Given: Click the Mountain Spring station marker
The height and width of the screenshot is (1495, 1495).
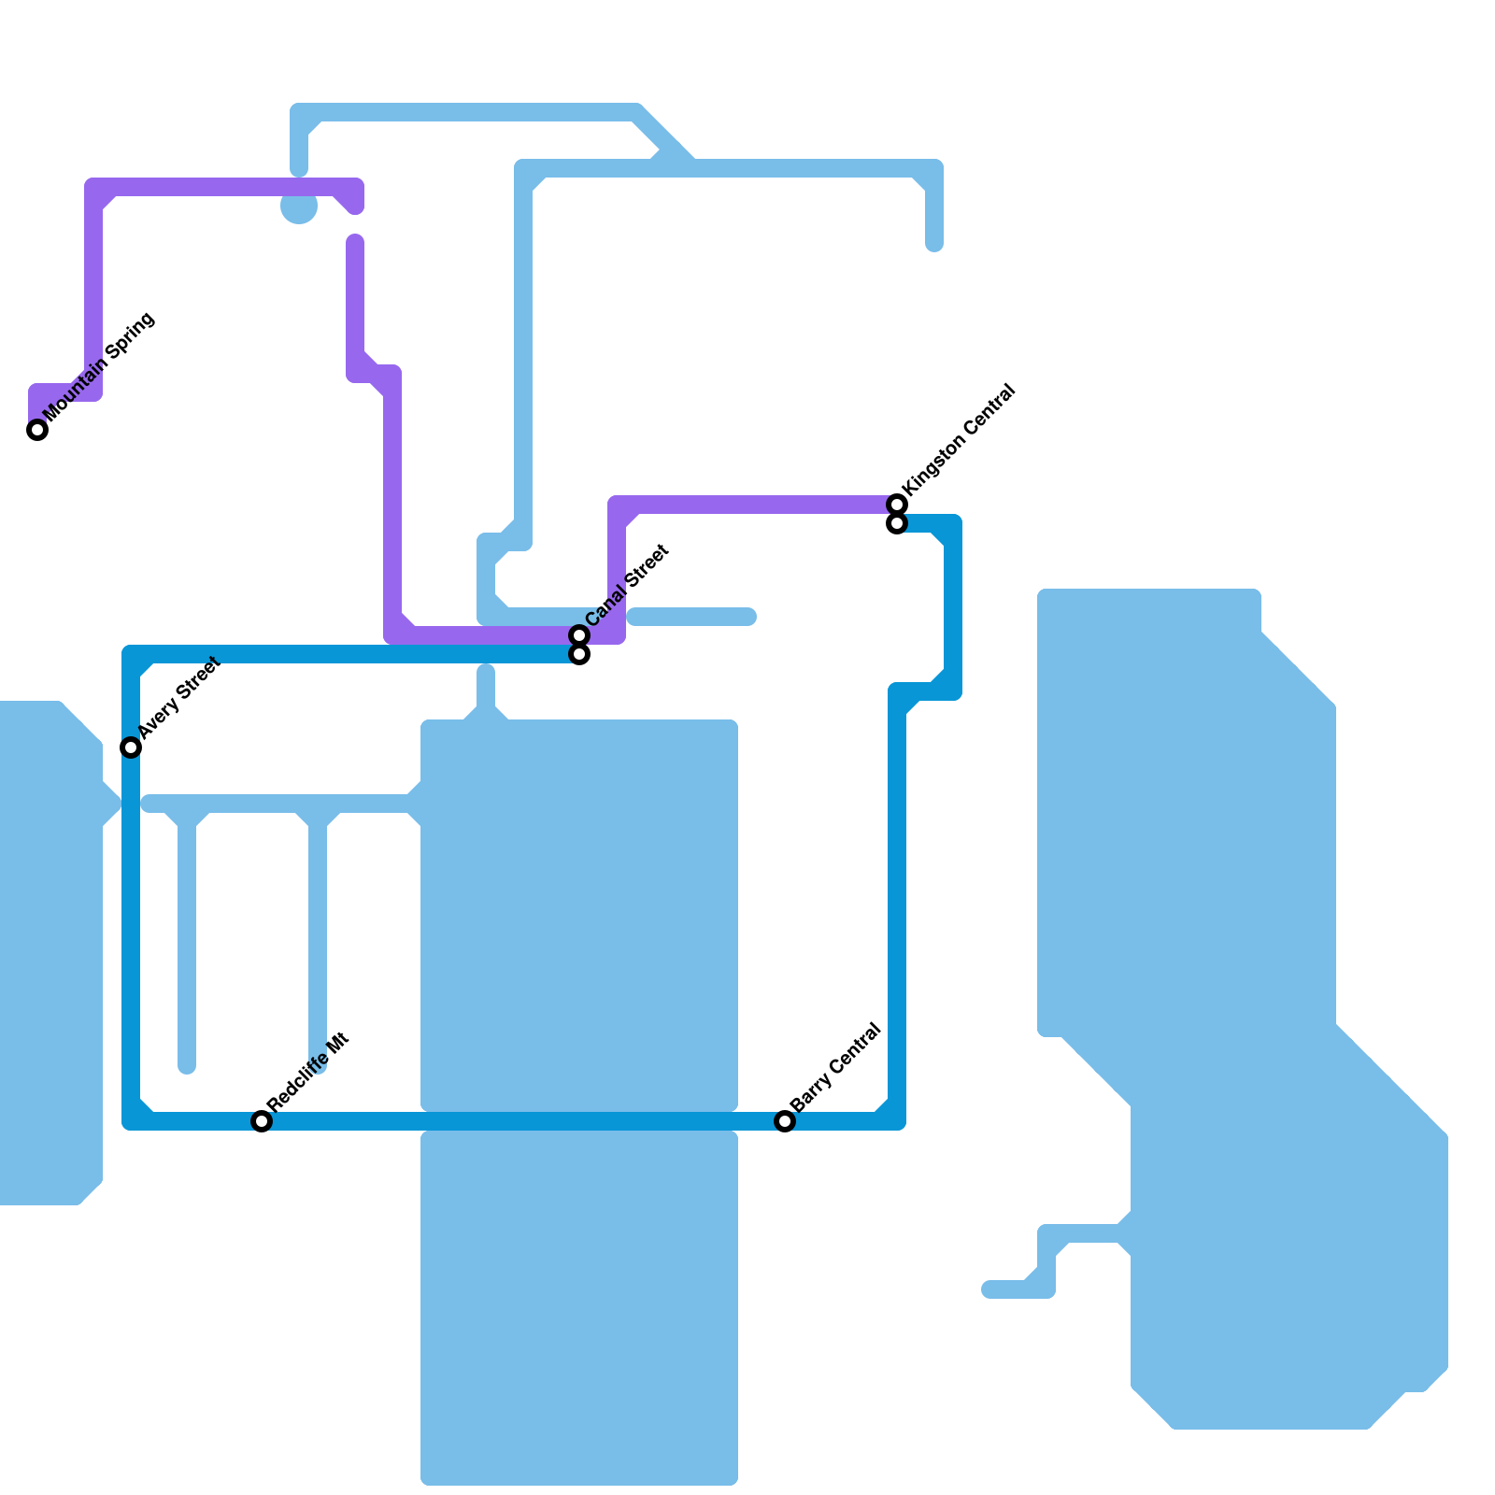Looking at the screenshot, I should [x=37, y=430].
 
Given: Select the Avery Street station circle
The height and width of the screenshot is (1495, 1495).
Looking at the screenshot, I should [x=131, y=747].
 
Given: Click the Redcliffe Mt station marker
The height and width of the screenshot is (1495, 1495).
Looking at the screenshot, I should [x=262, y=1121].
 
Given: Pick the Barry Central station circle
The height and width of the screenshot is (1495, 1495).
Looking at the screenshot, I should [x=785, y=1121].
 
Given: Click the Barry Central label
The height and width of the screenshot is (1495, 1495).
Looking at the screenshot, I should [x=835, y=1069].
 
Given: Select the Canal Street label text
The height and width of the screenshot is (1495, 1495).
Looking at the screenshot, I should [x=627, y=586].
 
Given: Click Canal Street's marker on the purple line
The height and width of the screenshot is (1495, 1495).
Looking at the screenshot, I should [x=579, y=635].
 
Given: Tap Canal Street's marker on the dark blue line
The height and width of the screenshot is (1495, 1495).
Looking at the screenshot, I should [x=579, y=654].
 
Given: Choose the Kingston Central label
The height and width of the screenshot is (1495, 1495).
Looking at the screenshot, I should [x=959, y=440].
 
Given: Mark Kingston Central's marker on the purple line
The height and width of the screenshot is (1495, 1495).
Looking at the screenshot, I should [x=897, y=505].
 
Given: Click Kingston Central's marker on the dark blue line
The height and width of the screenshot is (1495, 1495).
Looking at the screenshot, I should [x=897, y=523].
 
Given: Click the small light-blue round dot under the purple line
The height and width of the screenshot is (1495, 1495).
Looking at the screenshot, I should [x=299, y=207].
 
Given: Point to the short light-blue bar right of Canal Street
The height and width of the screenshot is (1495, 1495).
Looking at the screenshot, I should [x=691, y=617].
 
